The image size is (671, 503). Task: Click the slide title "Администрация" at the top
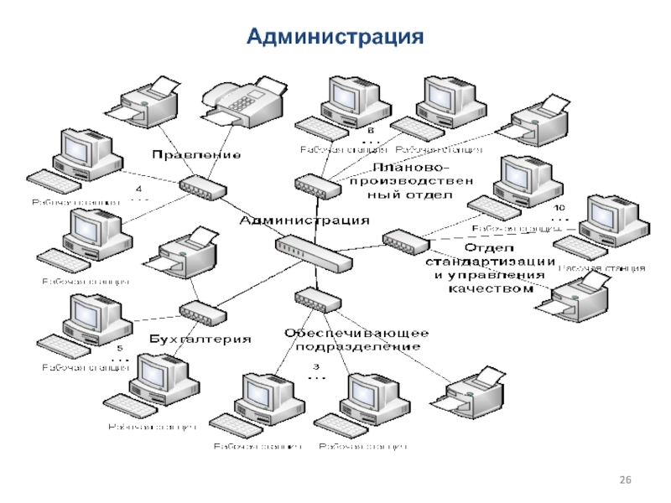(335, 37)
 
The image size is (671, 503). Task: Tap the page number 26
(624, 479)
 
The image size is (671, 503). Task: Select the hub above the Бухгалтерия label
(202, 314)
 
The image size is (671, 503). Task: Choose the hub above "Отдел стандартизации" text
(404, 241)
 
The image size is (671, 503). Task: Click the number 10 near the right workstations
(559, 206)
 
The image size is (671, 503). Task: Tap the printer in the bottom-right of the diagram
(473, 391)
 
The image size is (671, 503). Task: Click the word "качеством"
(491, 289)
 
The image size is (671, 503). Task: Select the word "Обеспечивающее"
(356, 333)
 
